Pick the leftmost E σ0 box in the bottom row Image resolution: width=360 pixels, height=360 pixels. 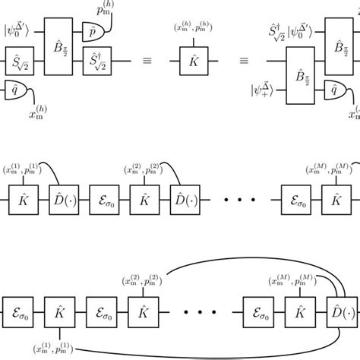coord(20,311)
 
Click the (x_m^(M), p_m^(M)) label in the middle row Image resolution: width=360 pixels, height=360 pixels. coord(329,165)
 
